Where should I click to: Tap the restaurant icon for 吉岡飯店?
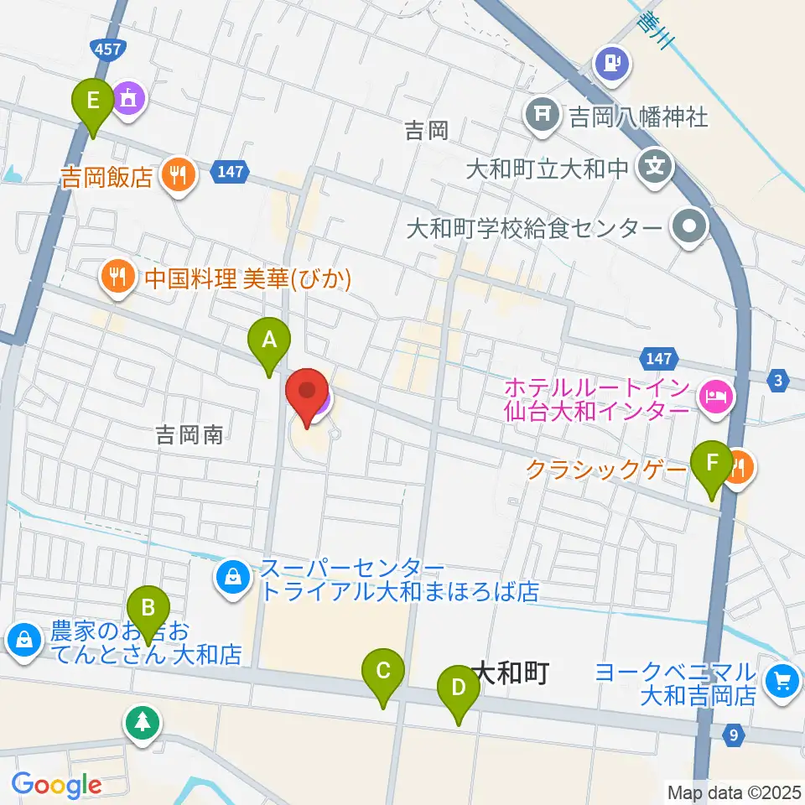pyautogui.click(x=179, y=174)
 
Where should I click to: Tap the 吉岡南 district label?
pyautogui.click(x=189, y=435)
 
